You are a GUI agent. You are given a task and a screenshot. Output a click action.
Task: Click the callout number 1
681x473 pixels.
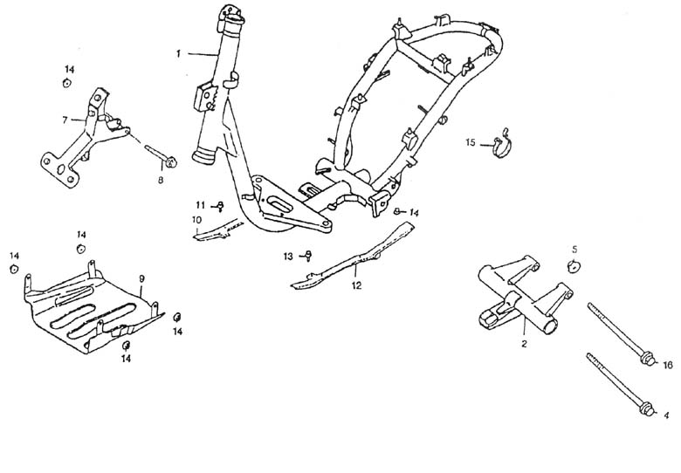[178, 54]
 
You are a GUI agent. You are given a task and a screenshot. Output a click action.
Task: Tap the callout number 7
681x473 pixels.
[65, 120]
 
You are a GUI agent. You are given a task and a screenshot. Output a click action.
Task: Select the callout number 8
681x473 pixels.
[160, 180]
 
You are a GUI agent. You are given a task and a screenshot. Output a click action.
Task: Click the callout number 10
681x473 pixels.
[196, 219]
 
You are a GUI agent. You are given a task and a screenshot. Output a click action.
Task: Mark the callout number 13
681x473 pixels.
[288, 256]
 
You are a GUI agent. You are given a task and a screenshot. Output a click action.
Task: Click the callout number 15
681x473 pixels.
[470, 142]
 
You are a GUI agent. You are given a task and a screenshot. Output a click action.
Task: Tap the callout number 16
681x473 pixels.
[667, 365]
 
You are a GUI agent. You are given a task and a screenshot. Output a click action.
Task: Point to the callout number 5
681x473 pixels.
[574, 250]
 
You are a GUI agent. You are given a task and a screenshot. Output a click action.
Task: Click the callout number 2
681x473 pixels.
[524, 345]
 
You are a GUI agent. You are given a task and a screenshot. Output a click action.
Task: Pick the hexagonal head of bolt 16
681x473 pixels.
[645, 357]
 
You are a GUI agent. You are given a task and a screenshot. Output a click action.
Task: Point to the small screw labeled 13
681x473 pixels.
[308, 256]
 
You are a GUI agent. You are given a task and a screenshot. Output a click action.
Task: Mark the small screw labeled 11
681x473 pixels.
[219, 206]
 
